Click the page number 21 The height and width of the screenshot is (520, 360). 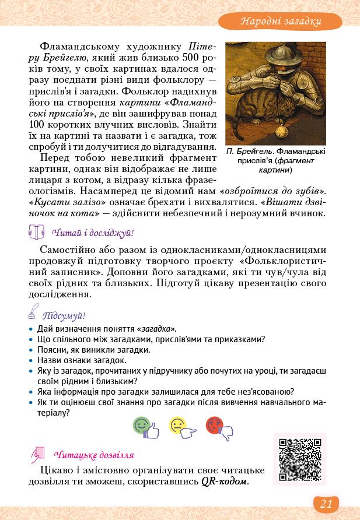[x=326, y=504]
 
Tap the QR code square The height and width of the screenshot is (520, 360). [x=300, y=459]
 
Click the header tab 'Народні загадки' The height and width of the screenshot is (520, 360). [x=281, y=22]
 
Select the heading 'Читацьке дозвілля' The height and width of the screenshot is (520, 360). [x=93, y=455]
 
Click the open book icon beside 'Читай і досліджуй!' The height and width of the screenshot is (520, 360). [x=36, y=233]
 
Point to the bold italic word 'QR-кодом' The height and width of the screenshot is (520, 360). [x=225, y=482]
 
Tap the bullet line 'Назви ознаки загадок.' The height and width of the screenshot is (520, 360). [x=81, y=360]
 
